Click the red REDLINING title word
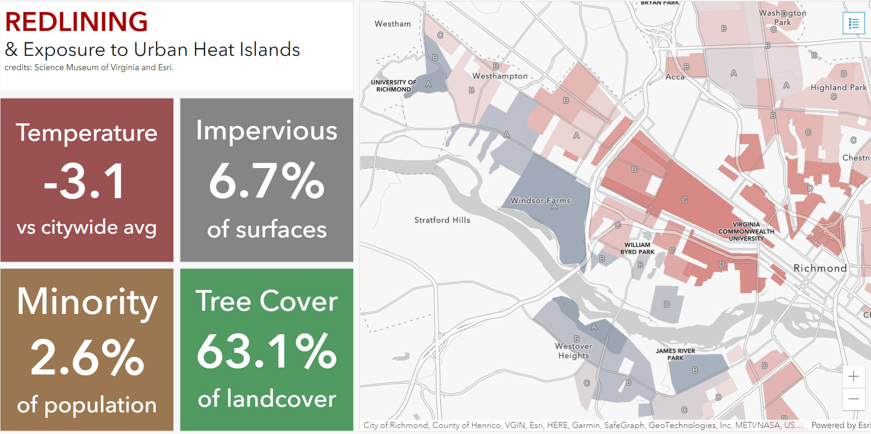[x=76, y=22]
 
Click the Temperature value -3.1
[x=86, y=181]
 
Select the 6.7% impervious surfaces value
[x=266, y=181]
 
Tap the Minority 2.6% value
[x=87, y=357]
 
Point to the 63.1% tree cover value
[x=266, y=352]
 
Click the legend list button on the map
[x=853, y=23]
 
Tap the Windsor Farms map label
[x=540, y=201]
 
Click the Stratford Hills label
[x=442, y=220]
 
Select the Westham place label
[x=393, y=24]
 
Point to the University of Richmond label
[x=393, y=86]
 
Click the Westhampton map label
[x=500, y=76]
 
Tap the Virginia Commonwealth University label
[x=746, y=232]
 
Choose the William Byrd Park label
[x=637, y=248]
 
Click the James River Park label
[x=675, y=354]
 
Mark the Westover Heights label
[x=573, y=351]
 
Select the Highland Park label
[x=838, y=88]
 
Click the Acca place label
[x=675, y=77]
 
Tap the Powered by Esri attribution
[x=840, y=425]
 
